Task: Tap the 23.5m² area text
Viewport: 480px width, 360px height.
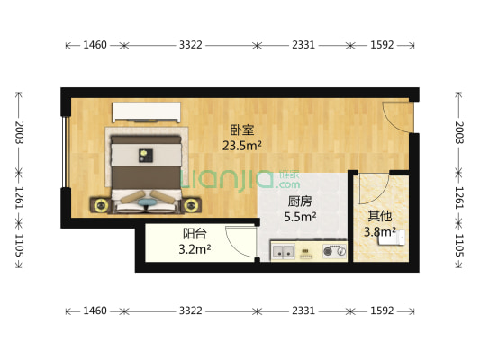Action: [x=242, y=144]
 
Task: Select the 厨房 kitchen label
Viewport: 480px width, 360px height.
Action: [x=300, y=202]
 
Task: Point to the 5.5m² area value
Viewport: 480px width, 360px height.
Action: [x=300, y=217]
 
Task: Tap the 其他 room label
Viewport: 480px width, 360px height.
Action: [x=379, y=216]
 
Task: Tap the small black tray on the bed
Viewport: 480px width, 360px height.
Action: [x=144, y=156]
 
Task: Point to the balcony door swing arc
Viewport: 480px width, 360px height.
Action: [x=240, y=239]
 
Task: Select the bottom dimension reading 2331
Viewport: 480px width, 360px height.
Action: [x=302, y=310]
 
